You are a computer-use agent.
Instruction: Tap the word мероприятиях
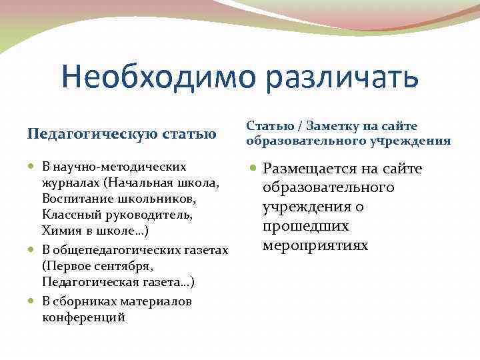click(315, 245)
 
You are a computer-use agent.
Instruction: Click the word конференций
click(83, 318)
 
